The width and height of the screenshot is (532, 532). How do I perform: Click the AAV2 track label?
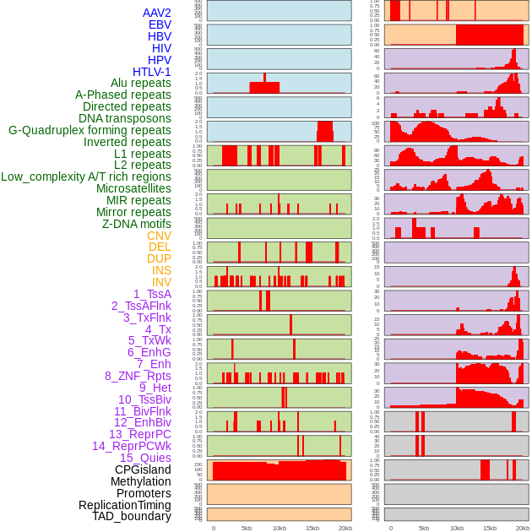tap(156, 13)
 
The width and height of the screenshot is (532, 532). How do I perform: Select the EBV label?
tap(160, 24)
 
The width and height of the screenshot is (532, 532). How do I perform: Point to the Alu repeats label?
tap(141, 83)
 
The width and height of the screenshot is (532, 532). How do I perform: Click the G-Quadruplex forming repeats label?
tap(90, 130)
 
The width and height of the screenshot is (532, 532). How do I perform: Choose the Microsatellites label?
tap(133, 188)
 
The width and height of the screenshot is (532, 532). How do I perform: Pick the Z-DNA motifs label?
tap(137, 224)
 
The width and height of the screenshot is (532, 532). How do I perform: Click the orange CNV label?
tap(159, 236)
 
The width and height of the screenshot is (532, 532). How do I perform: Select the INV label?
tap(161, 282)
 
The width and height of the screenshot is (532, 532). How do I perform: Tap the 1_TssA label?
tap(152, 294)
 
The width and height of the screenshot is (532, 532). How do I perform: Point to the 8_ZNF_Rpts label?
tap(138, 376)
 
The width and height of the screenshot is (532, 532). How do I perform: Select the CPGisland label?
tap(143, 470)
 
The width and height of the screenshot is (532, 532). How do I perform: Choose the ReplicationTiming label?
tap(124, 505)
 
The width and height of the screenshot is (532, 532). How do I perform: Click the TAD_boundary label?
tap(132, 516)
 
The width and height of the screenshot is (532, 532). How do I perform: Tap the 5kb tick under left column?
tap(247, 528)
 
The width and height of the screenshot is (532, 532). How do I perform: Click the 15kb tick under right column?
tap(490, 528)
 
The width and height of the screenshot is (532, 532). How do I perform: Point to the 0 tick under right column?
tap(390, 528)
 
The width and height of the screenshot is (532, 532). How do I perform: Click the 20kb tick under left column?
tap(345, 528)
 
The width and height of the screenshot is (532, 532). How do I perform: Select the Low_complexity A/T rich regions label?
tap(86, 176)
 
